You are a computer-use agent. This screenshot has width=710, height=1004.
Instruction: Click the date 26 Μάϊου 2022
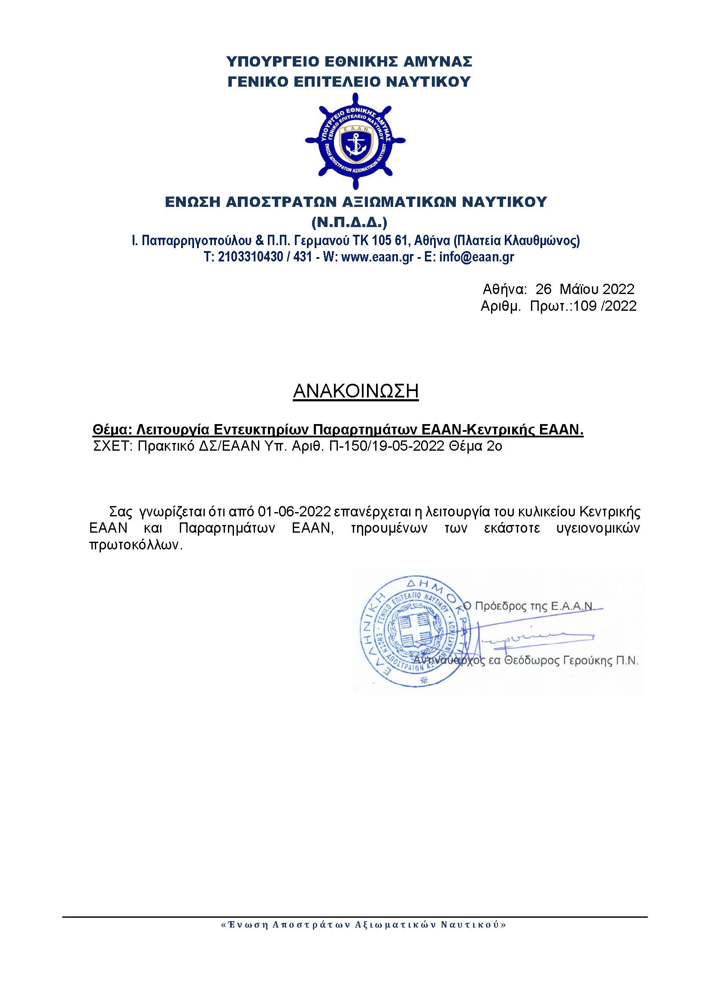[x=585, y=289]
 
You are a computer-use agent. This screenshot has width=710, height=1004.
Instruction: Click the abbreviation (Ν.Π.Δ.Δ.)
[x=349, y=223]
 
